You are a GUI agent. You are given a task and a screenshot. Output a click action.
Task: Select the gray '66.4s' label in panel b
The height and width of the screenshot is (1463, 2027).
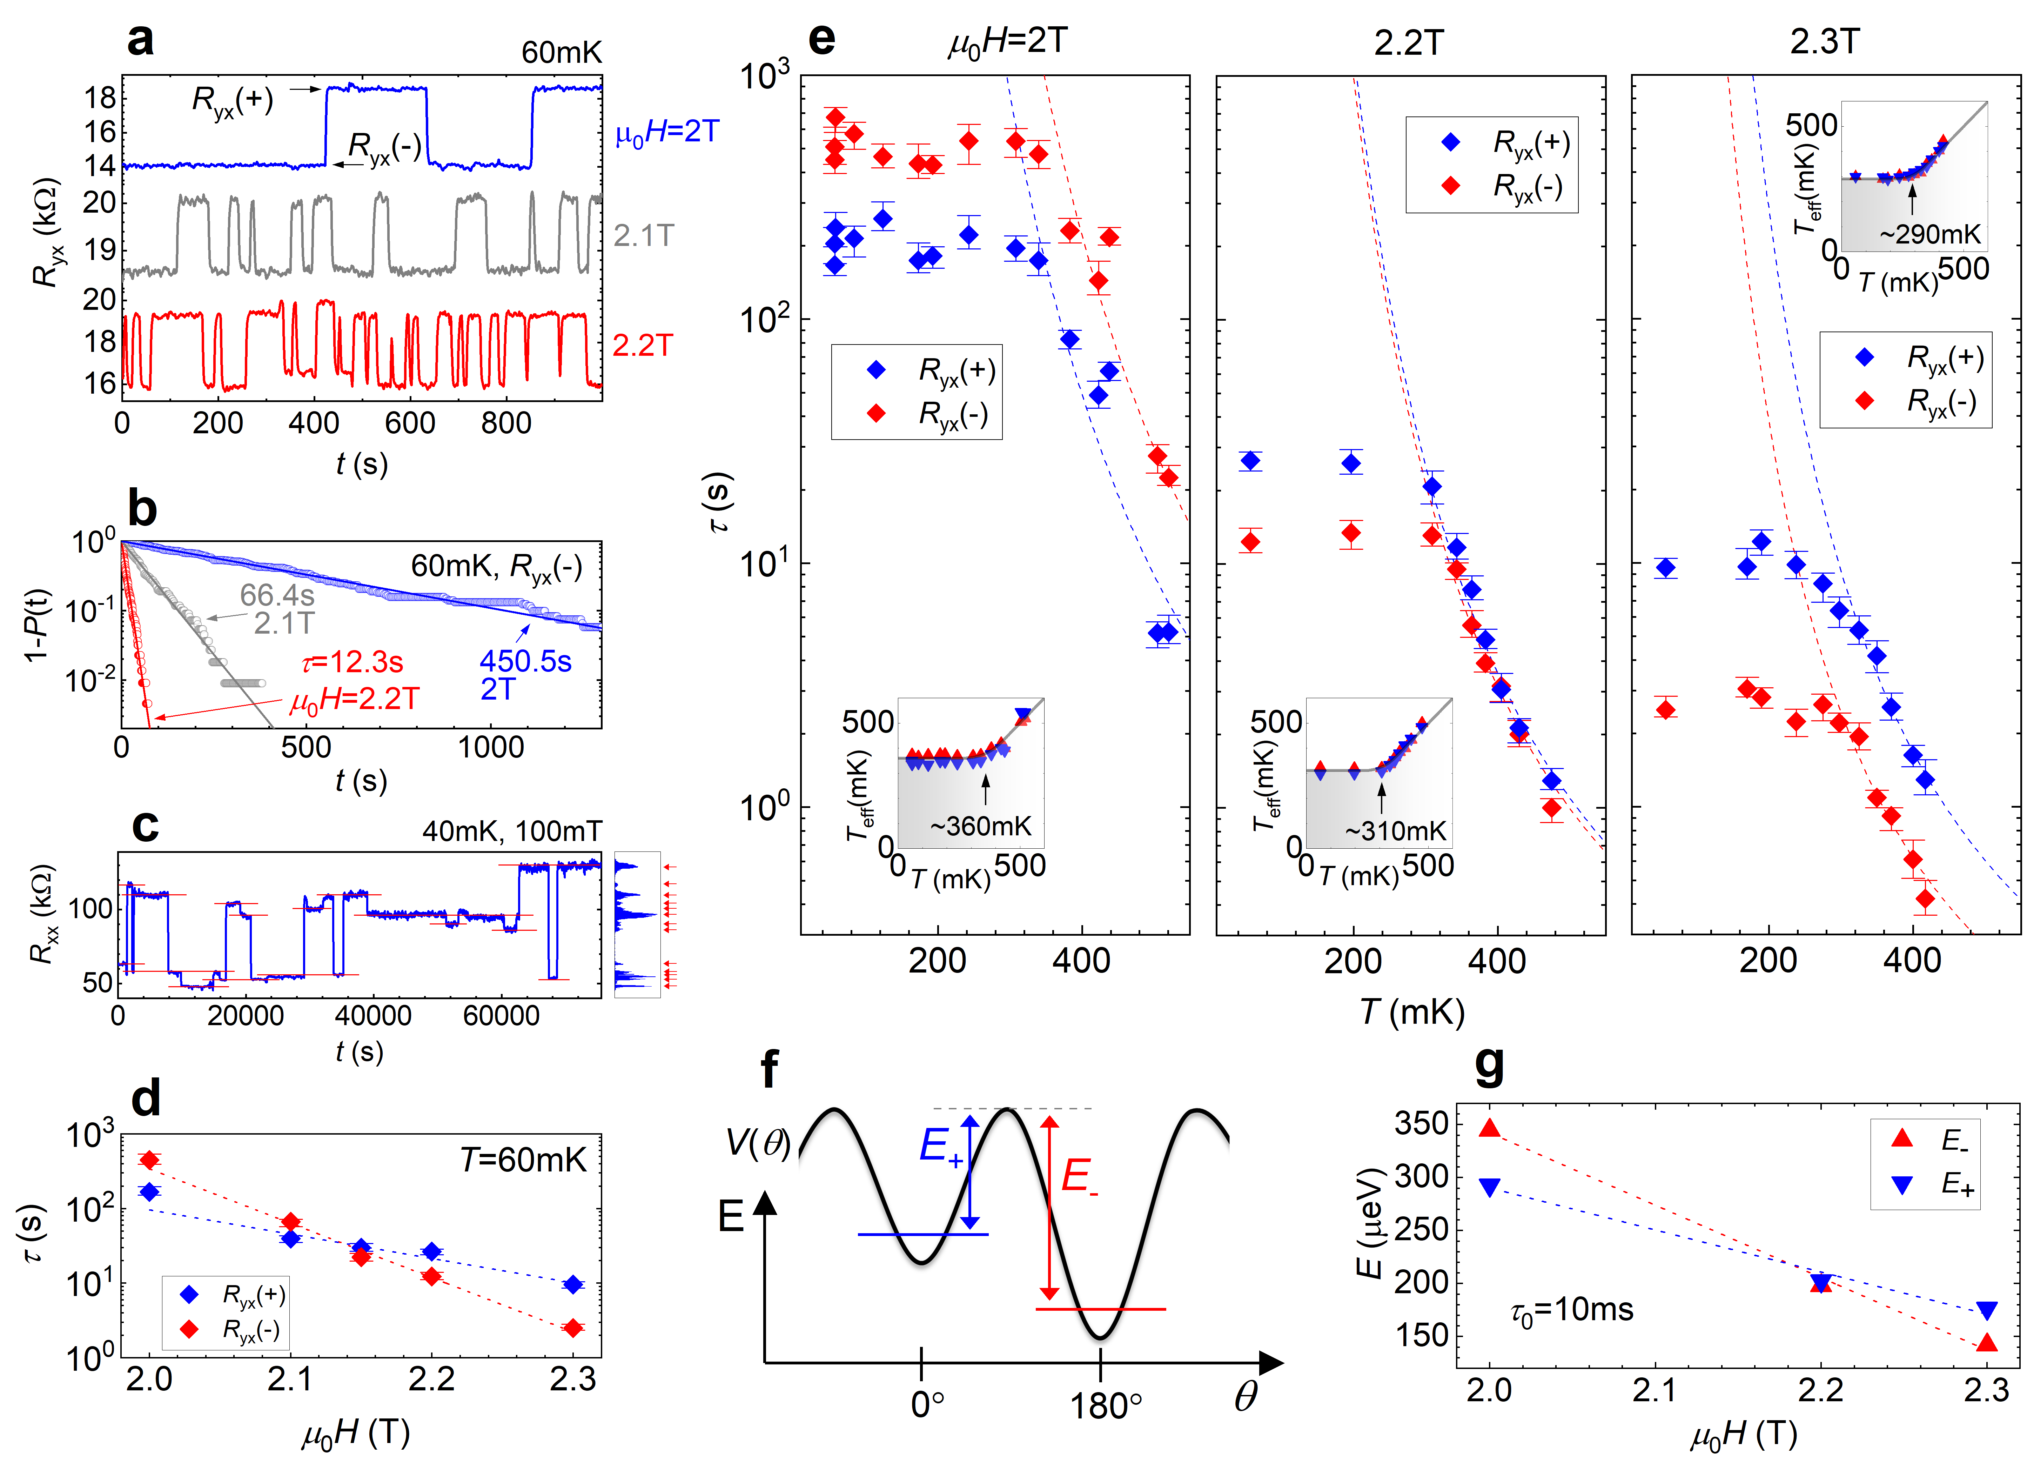click(x=277, y=595)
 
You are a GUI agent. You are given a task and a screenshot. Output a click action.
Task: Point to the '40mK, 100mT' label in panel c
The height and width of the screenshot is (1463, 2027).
click(x=511, y=831)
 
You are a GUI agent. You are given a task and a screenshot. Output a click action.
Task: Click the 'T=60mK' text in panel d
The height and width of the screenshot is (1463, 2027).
click(x=523, y=1160)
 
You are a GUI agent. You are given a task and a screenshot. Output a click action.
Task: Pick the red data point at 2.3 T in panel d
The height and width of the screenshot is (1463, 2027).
click(x=573, y=1328)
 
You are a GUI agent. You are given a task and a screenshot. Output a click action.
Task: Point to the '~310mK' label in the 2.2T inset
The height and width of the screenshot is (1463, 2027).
click(x=1395, y=831)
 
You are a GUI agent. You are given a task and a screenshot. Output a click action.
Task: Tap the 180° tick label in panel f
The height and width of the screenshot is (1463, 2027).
click(x=1106, y=1408)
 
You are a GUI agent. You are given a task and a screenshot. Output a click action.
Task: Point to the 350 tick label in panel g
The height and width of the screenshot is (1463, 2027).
click(x=1421, y=1123)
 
